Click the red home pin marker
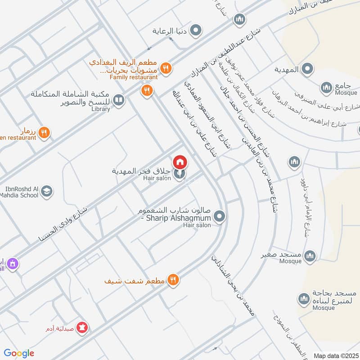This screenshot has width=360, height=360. pos(180,162)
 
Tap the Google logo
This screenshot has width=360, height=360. pos(19,353)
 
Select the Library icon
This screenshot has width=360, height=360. pos(119,100)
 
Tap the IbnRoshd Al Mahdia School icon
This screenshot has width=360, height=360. pos(46,192)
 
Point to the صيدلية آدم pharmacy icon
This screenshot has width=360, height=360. pos(83,326)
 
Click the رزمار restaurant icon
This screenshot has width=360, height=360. pos(44,132)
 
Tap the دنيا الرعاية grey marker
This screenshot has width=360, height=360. pos(196,31)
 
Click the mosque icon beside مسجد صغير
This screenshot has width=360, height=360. pos(310,256)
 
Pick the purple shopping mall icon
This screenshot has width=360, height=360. pos(13,263)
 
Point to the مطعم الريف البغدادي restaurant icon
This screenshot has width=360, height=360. pos(166,68)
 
